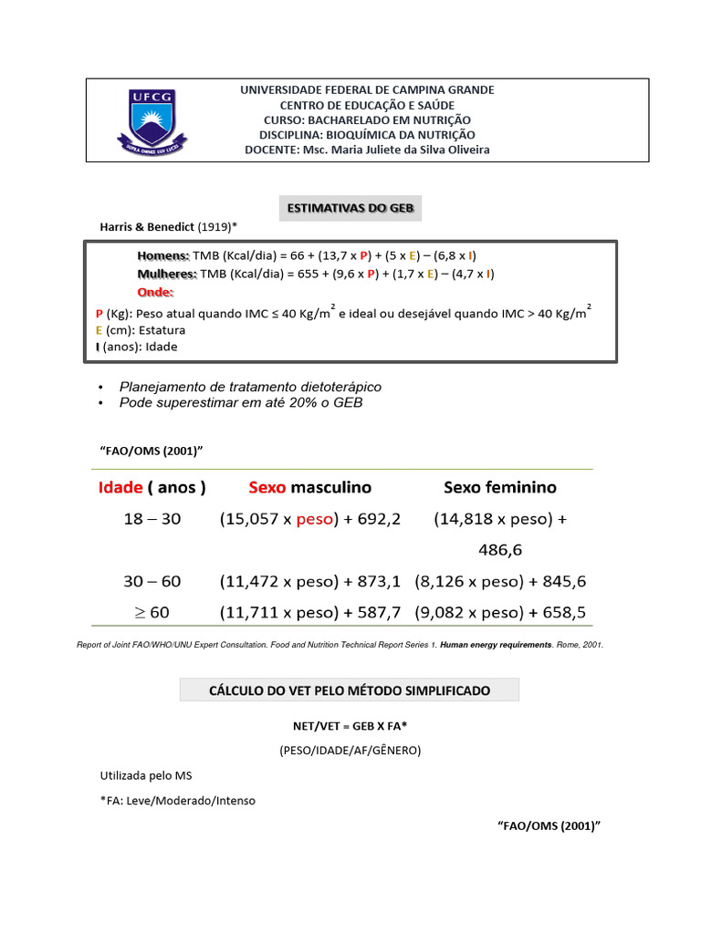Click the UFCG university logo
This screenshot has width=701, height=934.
click(x=152, y=120)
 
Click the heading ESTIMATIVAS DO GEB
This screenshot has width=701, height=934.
click(x=350, y=209)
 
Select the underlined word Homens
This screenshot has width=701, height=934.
click(x=163, y=256)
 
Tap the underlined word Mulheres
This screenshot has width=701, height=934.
click(x=167, y=274)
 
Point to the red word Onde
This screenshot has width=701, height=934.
click(x=154, y=293)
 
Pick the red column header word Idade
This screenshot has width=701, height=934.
click(x=120, y=487)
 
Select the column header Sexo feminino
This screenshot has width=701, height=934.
click(x=499, y=487)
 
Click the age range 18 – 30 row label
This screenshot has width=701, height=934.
click(x=152, y=519)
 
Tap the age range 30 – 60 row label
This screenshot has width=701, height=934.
click(x=152, y=581)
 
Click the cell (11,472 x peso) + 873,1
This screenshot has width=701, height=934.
click(x=310, y=581)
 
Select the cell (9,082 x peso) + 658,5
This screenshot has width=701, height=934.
click(x=499, y=612)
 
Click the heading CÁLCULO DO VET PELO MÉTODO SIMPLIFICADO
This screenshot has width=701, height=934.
click(x=349, y=690)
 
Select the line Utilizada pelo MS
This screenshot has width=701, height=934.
click(x=146, y=776)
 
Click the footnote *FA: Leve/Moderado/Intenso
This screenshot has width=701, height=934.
click(x=178, y=801)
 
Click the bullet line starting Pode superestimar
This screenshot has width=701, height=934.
click(x=241, y=402)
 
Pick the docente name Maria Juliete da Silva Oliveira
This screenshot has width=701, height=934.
click(x=409, y=150)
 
